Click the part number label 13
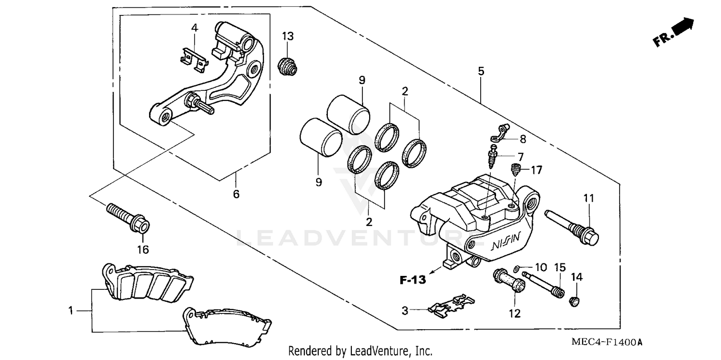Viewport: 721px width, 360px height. (287, 36)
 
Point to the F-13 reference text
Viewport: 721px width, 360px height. (412, 280)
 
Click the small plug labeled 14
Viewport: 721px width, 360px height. (574, 302)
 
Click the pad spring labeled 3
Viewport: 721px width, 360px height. (450, 305)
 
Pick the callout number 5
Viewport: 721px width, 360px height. (481, 71)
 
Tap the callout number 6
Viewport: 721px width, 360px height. (236, 195)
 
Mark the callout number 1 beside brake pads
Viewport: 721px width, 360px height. (71, 311)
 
